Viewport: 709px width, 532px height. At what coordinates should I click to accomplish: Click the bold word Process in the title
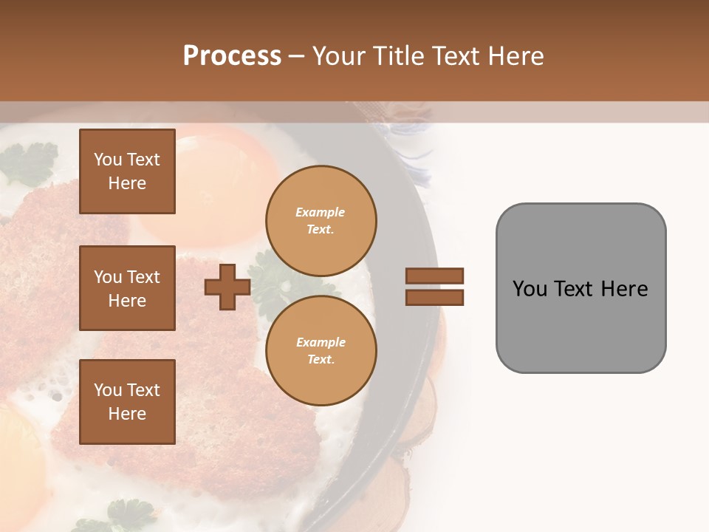point(232,56)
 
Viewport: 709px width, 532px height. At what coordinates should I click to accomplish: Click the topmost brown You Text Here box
point(127,171)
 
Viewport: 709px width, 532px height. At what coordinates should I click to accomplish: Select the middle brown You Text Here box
point(127,288)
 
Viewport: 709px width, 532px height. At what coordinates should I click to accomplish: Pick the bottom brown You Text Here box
point(127,401)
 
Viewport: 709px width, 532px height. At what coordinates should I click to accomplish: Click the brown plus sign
point(227,287)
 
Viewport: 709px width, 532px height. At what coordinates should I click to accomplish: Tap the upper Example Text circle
point(321,220)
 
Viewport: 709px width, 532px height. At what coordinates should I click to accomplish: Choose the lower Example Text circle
point(321,350)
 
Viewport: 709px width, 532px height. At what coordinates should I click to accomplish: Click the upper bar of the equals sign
point(434,276)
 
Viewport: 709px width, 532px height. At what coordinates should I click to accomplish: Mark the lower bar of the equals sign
point(434,297)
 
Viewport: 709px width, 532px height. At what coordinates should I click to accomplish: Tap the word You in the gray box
point(530,288)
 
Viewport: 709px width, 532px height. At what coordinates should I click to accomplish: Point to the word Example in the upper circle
point(321,212)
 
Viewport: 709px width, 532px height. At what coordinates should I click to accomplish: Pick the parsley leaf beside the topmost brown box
point(30,163)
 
